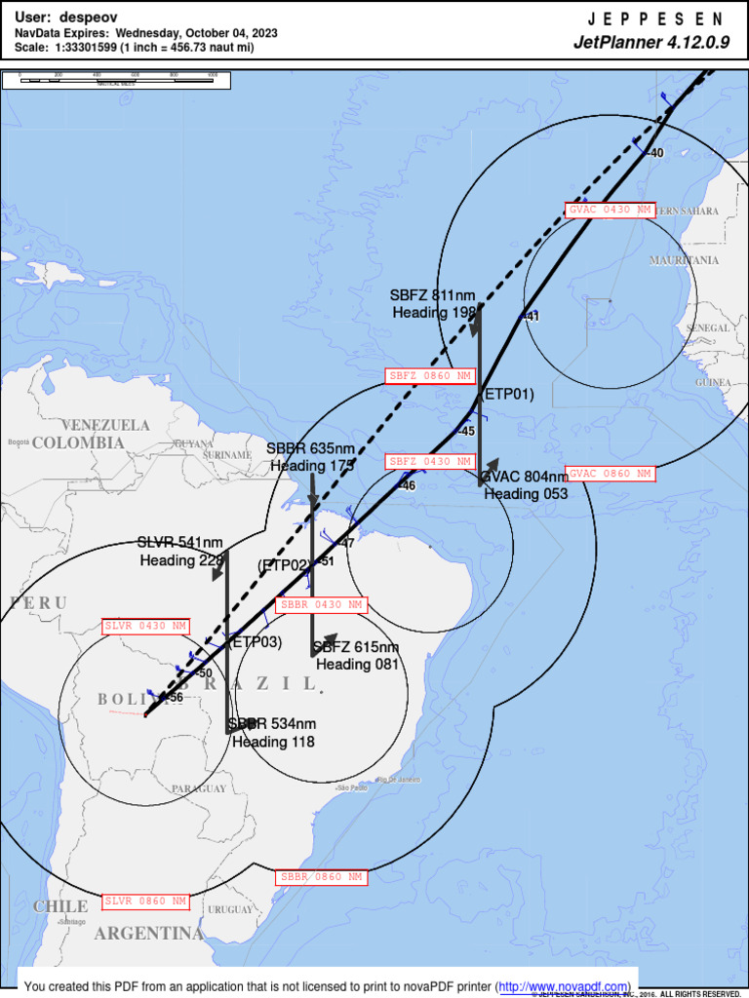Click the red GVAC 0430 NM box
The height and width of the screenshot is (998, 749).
tap(610, 210)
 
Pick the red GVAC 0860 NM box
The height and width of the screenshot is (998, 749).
tap(610, 474)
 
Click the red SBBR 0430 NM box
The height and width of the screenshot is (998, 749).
tap(321, 604)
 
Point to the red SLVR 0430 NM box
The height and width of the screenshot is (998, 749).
tap(146, 626)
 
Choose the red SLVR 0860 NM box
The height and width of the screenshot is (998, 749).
tap(146, 902)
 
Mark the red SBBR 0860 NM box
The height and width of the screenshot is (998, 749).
tap(321, 877)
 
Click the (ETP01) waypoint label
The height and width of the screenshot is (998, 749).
tap(509, 395)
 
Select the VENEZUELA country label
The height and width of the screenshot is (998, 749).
tap(106, 426)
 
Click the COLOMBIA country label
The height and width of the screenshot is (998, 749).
tap(79, 443)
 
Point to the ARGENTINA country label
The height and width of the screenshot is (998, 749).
tap(149, 934)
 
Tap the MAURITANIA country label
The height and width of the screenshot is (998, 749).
tap(684, 261)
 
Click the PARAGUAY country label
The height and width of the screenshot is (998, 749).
tap(199, 788)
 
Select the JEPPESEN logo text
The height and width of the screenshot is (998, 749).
tap(657, 19)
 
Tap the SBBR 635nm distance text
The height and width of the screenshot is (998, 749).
tap(310, 448)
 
